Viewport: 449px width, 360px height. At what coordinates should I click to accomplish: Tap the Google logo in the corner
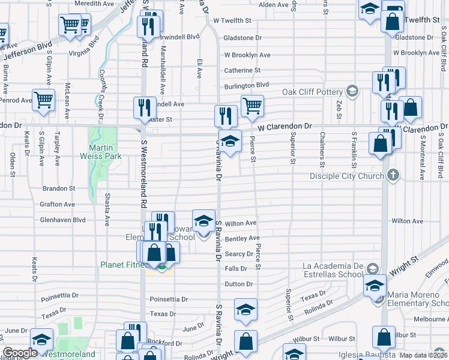pyautogui.click(x=20, y=353)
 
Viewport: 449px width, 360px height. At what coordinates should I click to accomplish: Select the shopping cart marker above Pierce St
pyautogui.click(x=252, y=106)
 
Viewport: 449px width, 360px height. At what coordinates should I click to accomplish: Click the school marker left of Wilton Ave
pyautogui.click(x=203, y=220)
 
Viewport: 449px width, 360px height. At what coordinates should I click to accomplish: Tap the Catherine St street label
pyautogui.click(x=242, y=70)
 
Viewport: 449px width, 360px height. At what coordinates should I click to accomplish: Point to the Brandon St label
pyautogui.click(x=59, y=188)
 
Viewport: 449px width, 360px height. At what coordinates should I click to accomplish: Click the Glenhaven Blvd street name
pyautogui.click(x=62, y=220)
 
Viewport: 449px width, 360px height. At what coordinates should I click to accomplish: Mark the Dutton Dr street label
pyautogui.click(x=239, y=284)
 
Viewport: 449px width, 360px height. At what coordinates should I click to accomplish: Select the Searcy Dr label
pyautogui.click(x=239, y=254)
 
